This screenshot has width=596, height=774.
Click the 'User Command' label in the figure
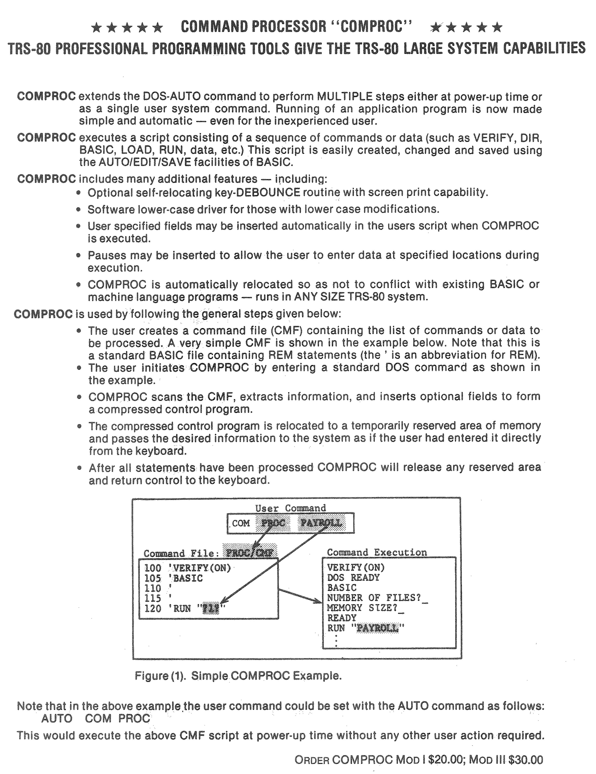point(290,508)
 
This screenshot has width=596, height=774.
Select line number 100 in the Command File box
point(152,568)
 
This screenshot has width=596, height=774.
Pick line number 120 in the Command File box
point(152,608)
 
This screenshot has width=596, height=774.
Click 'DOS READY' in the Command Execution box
point(353,578)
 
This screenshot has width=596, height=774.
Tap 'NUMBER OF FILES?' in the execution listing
point(374,598)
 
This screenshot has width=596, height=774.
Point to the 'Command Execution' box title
point(376,552)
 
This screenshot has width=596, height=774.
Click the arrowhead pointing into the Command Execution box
point(317,600)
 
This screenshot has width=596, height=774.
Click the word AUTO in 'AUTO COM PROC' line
point(57,718)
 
